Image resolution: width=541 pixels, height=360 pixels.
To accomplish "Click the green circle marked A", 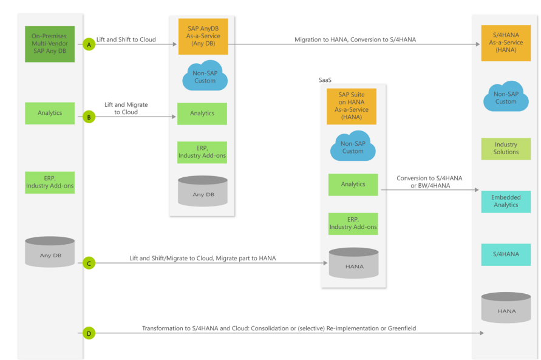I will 89,44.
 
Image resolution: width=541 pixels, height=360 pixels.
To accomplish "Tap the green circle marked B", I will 89,117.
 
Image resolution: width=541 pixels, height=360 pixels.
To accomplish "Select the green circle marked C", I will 89,263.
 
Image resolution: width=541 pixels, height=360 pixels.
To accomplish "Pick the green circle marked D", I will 89,333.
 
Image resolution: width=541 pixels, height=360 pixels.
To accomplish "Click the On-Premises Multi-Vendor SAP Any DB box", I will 50,44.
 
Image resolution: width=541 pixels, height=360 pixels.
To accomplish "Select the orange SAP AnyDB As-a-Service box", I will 202,36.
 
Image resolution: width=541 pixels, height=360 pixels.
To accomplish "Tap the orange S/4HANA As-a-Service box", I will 506,42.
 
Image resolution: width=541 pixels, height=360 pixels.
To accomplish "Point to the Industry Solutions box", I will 506,149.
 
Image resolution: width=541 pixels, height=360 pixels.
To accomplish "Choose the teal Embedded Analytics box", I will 506,202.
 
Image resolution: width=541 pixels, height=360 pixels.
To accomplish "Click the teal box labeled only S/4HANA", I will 506,254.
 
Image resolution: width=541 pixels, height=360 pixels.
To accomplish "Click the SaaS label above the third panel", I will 326,80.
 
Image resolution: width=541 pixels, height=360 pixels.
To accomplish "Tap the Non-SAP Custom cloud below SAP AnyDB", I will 205,77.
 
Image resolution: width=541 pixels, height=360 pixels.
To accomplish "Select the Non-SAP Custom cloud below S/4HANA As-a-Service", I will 506,97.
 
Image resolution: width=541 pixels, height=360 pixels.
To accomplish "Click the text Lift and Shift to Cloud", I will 126,39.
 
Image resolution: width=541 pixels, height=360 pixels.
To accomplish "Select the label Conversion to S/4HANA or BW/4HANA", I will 429,182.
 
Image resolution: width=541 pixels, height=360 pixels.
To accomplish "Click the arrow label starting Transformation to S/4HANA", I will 279,328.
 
